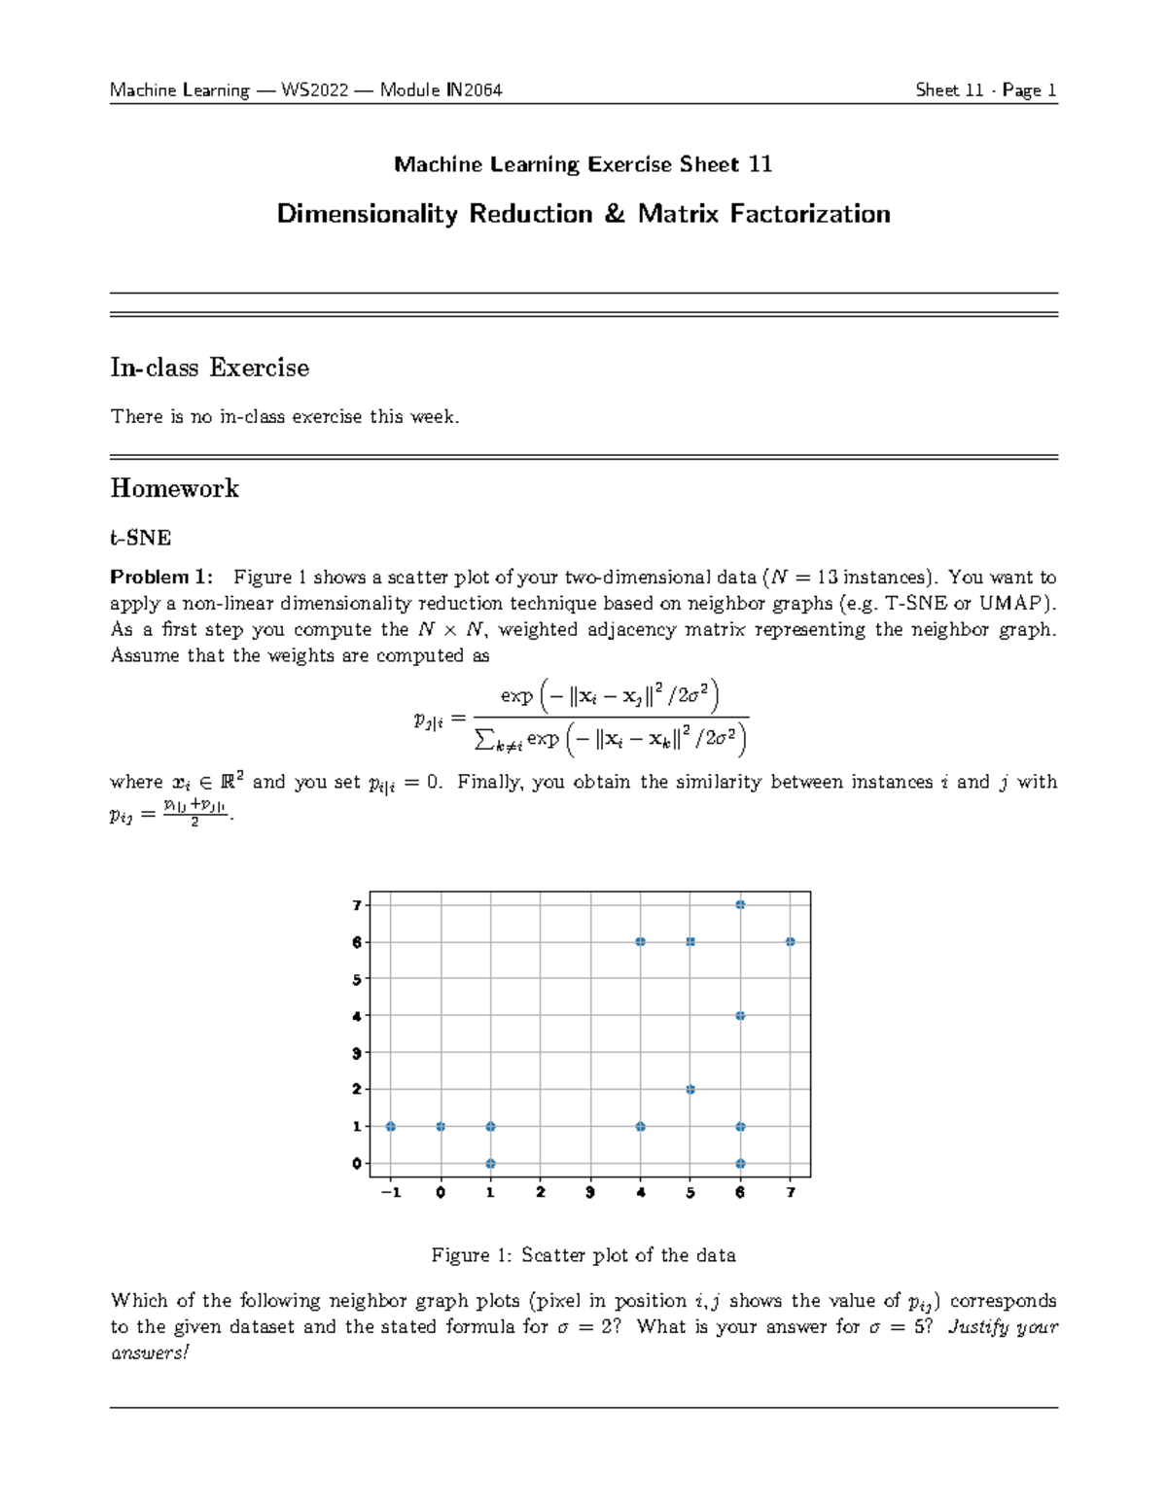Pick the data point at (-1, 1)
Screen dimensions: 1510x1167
coord(391,1127)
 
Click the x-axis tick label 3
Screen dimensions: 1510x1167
coord(590,1193)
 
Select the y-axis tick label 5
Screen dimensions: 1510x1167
coord(357,979)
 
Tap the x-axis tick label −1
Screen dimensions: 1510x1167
coord(391,1193)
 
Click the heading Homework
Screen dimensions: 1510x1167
coord(175,488)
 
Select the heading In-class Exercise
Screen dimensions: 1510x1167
coord(210,368)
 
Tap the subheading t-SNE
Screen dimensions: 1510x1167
coord(141,538)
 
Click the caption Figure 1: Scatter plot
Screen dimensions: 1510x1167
coord(583,1255)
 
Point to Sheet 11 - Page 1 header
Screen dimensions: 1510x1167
coord(985,90)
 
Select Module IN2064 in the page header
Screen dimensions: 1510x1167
coord(441,90)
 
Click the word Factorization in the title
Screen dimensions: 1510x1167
coord(810,214)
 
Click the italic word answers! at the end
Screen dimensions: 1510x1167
coord(150,1352)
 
